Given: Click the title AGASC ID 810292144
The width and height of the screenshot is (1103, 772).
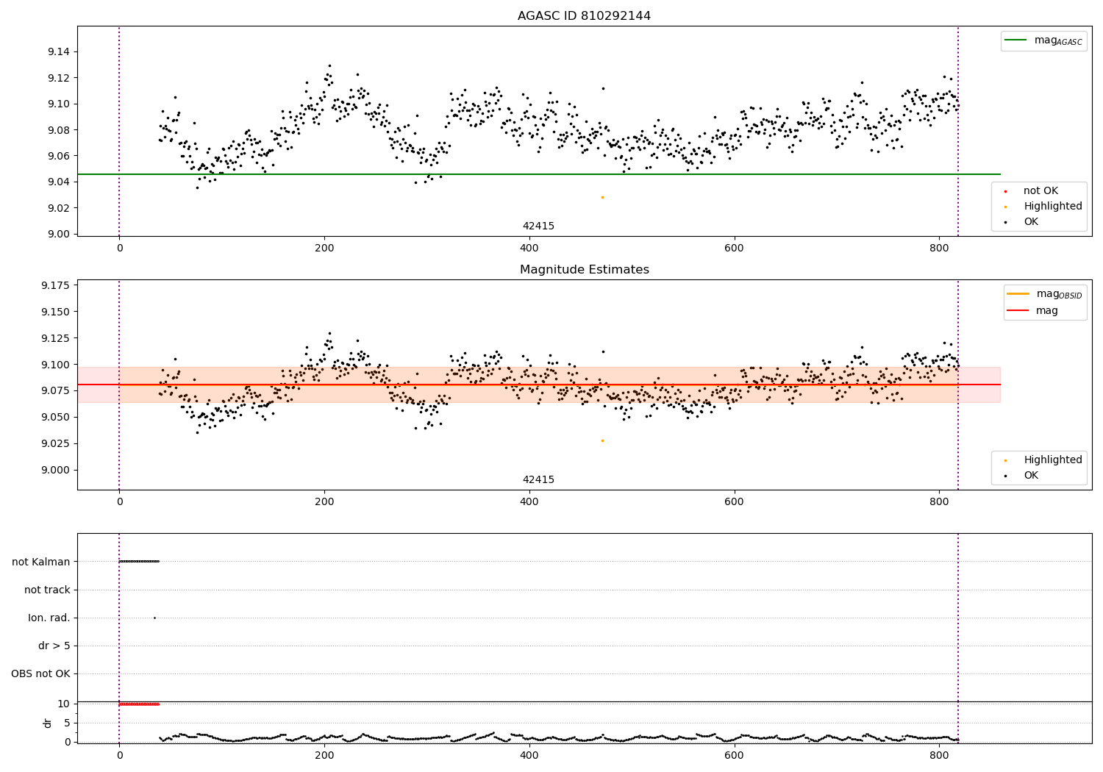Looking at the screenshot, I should point(584,16).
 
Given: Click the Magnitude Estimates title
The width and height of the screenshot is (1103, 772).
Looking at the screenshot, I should point(584,270).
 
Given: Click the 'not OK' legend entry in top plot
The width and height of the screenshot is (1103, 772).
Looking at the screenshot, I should point(1040,191).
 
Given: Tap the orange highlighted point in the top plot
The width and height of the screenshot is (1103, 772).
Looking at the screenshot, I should point(602,197).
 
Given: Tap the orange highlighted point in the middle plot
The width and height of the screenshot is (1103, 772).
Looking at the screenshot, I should point(602,440).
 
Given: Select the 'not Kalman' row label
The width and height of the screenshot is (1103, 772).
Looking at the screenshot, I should point(41,562).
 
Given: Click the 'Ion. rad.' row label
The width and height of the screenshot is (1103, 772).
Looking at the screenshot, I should point(49,618).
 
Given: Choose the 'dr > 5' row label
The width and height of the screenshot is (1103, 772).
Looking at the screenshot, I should point(54,646).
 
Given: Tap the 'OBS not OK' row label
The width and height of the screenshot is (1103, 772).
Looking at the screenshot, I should point(41,674).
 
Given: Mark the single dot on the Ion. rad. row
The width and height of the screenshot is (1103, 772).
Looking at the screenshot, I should point(154,618).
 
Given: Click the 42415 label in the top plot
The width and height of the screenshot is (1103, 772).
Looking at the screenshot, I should point(538,226).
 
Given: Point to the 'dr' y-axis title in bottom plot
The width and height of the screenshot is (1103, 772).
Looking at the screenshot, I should point(48,723).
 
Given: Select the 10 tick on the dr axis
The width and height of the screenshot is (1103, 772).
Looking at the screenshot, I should point(64,704).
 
